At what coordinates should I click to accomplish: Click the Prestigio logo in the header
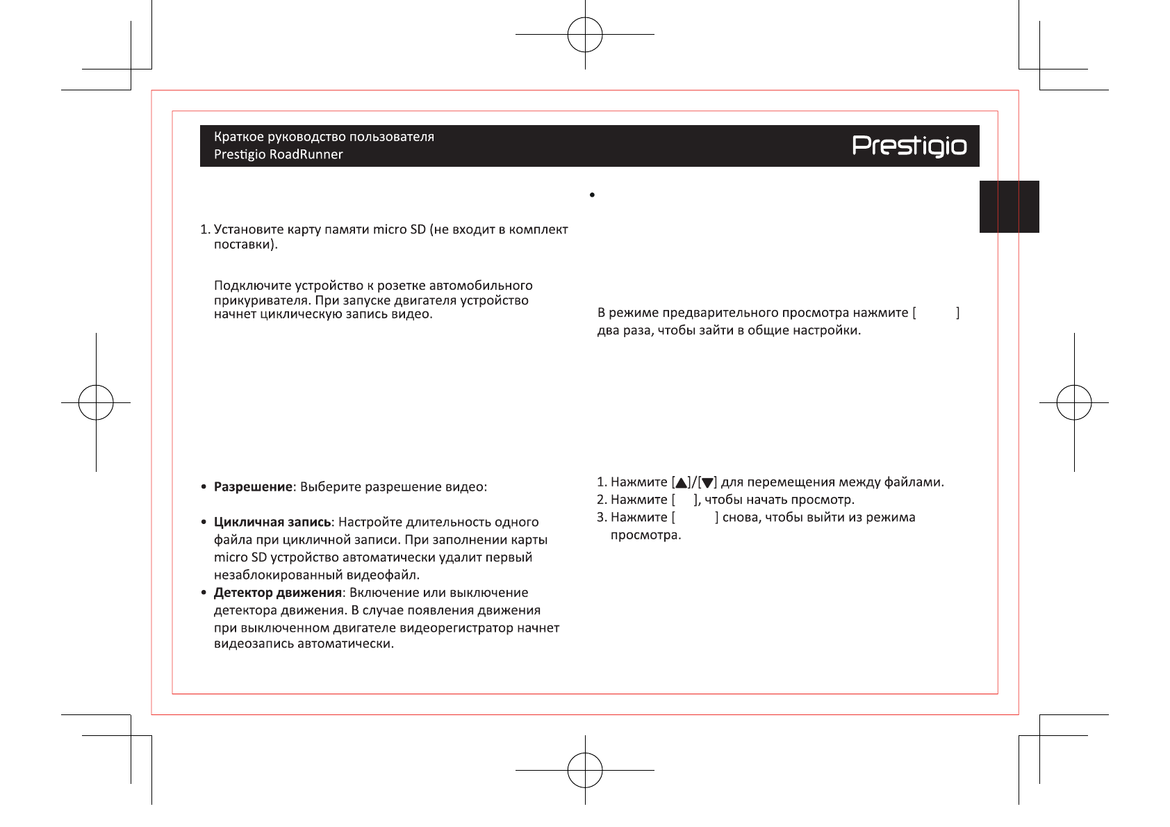coord(909,146)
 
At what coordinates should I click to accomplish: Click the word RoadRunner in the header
coord(306,154)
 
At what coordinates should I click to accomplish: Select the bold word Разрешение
coord(253,486)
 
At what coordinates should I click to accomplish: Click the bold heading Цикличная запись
coord(272,522)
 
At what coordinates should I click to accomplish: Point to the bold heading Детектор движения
coord(277,593)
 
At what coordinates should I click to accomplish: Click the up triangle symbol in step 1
coord(681,483)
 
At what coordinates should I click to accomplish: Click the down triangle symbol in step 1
coord(707,483)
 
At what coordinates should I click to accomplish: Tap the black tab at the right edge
coord(1009,206)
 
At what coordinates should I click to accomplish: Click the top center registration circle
coord(585,35)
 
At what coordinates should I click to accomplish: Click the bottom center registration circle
coord(585,770)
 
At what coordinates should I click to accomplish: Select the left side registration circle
coord(96,402)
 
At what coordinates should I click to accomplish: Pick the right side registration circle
coord(1074,402)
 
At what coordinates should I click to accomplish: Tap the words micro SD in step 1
coord(399,229)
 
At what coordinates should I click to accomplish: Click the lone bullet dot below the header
coord(592,195)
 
